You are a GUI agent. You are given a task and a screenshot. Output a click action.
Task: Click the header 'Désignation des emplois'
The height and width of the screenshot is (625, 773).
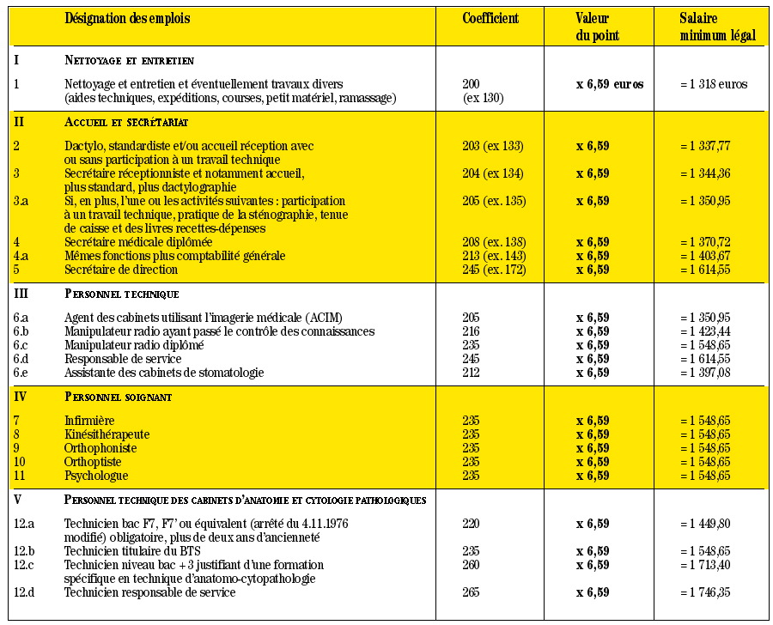[127, 19]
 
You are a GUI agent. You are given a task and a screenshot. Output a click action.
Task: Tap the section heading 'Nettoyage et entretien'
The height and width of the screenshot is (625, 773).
[129, 60]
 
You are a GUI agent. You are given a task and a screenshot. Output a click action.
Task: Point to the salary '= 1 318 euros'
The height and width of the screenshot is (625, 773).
[713, 84]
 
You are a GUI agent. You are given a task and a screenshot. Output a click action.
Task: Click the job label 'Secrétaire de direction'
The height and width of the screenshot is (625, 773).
[121, 270]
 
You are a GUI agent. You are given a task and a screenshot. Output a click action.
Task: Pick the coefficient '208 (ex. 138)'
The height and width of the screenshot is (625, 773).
[492, 242]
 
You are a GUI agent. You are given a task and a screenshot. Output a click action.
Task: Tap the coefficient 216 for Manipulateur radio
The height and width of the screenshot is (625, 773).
[472, 331]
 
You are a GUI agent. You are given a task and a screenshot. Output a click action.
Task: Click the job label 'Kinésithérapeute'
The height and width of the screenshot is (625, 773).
[107, 434]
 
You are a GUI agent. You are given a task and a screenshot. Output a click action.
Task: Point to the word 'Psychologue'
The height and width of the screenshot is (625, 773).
[96, 476]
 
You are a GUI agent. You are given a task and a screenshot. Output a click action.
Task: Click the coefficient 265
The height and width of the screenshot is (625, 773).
[472, 592]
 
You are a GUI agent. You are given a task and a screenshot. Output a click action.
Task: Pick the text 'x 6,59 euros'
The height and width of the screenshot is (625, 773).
[610, 84]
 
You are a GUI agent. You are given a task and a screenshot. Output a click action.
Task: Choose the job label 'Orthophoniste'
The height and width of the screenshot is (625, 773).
[100, 448]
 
